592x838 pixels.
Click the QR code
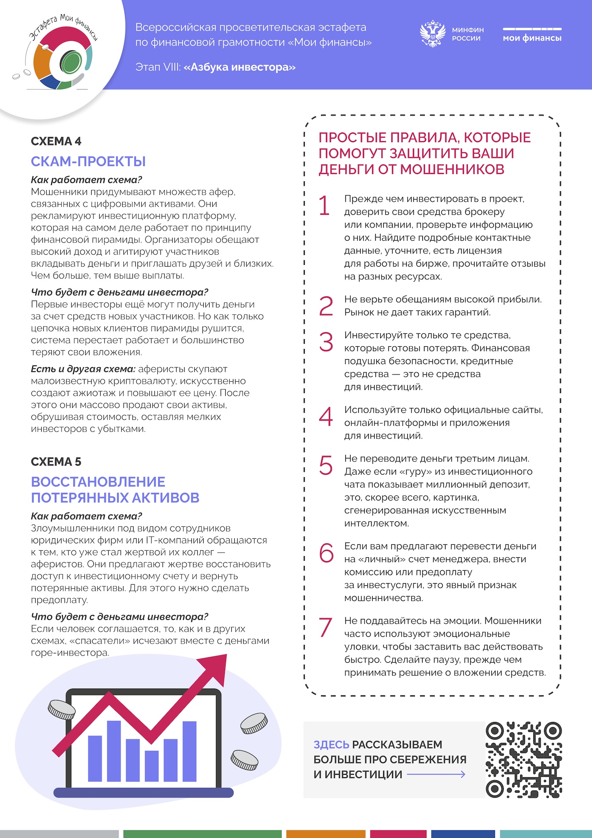coord(524,759)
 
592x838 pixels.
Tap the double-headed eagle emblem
coord(432,34)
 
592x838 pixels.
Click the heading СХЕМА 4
coord(56,141)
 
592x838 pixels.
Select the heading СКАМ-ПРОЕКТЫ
coord(88,161)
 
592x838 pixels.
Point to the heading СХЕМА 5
coord(56,461)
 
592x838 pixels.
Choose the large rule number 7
coord(325,627)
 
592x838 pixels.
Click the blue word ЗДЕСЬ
coord(331,745)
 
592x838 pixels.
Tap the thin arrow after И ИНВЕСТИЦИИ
coord(436,775)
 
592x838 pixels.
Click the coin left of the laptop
coord(62,709)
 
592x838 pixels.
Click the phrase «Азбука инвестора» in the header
coord(239,67)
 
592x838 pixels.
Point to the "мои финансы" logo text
coord(532,38)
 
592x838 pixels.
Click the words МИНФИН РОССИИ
coord(467,34)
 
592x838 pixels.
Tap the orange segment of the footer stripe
coord(325,834)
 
